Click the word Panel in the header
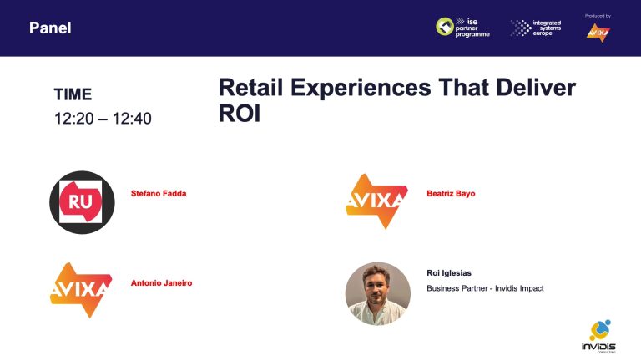tap(50, 28)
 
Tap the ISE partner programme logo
tap(462, 28)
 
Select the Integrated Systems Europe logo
tap(536, 28)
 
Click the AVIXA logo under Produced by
tap(598, 33)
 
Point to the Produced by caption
tap(598, 16)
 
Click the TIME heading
tap(73, 94)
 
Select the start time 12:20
tap(74, 119)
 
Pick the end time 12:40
tap(132, 119)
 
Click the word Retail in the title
tap(250, 87)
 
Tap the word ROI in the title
tap(240, 114)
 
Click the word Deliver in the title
tap(536, 87)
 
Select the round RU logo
tap(82, 202)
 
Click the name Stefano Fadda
tap(159, 194)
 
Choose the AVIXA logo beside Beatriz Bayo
tap(377, 201)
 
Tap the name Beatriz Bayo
tap(451, 194)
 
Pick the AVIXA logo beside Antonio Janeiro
tap(81, 290)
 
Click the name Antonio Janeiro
tap(161, 283)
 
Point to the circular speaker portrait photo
tap(378, 294)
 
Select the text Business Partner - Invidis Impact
tap(485, 288)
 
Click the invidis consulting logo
tap(599, 337)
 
